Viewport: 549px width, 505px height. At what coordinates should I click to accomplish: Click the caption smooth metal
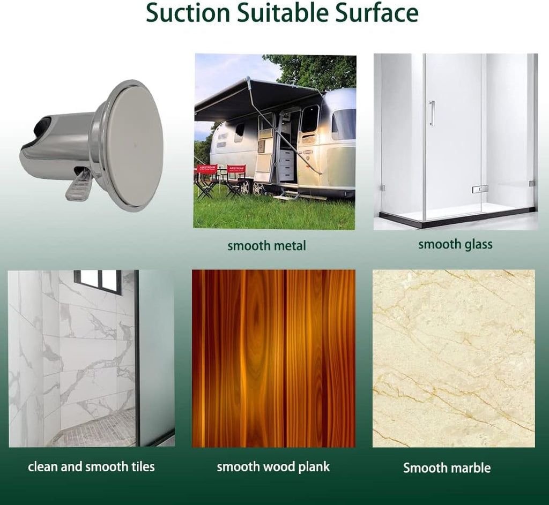pos(266,246)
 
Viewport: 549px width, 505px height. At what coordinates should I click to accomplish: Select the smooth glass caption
pos(455,245)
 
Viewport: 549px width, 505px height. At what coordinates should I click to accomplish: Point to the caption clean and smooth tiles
pos(91,466)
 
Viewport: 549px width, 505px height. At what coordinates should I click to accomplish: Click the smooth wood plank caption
pos(273,466)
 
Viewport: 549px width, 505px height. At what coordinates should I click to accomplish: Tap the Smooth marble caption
pos(447,468)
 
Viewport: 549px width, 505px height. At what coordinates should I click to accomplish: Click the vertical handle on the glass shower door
pos(432,113)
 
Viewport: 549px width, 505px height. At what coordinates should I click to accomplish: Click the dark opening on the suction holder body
pos(42,126)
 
